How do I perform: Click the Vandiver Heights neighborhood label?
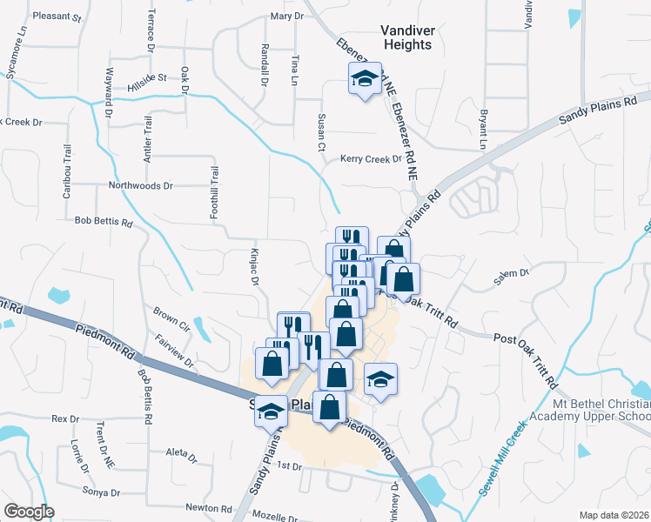coord(406,37)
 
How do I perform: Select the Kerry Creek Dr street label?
coord(371,159)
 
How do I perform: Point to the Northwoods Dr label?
coord(141,185)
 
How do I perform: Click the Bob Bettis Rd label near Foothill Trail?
coord(104,222)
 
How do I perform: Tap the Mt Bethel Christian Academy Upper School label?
coord(601,410)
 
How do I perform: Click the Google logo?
coord(29,512)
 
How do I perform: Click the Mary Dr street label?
coord(286,16)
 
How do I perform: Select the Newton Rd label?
coord(208,507)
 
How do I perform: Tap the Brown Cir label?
coord(171,317)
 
